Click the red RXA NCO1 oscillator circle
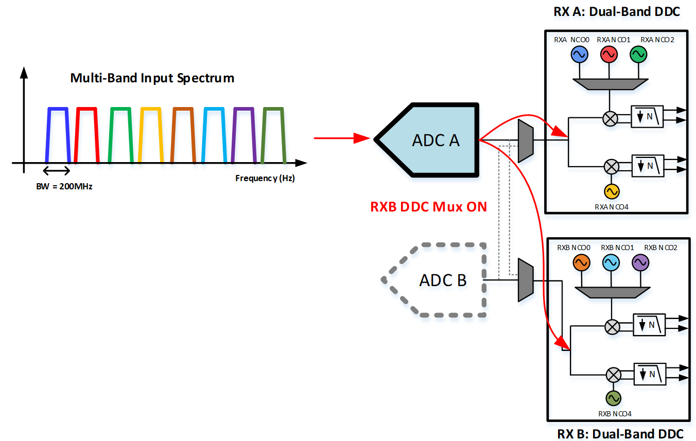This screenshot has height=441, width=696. pos(609,54)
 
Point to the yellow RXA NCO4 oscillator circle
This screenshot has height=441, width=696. pos(611,191)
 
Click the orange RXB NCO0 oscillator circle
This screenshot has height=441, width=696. pos(582,263)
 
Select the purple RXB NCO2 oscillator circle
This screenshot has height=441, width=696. pos(640,263)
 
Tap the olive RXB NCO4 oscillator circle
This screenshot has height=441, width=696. pos(613,398)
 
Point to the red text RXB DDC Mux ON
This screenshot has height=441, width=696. pos(428,207)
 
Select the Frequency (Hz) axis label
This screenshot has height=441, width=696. pos(265,179)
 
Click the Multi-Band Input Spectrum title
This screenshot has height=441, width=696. pos(152,78)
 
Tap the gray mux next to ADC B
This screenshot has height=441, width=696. pos(525,280)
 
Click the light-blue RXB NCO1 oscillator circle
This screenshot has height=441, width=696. pos(611,263)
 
